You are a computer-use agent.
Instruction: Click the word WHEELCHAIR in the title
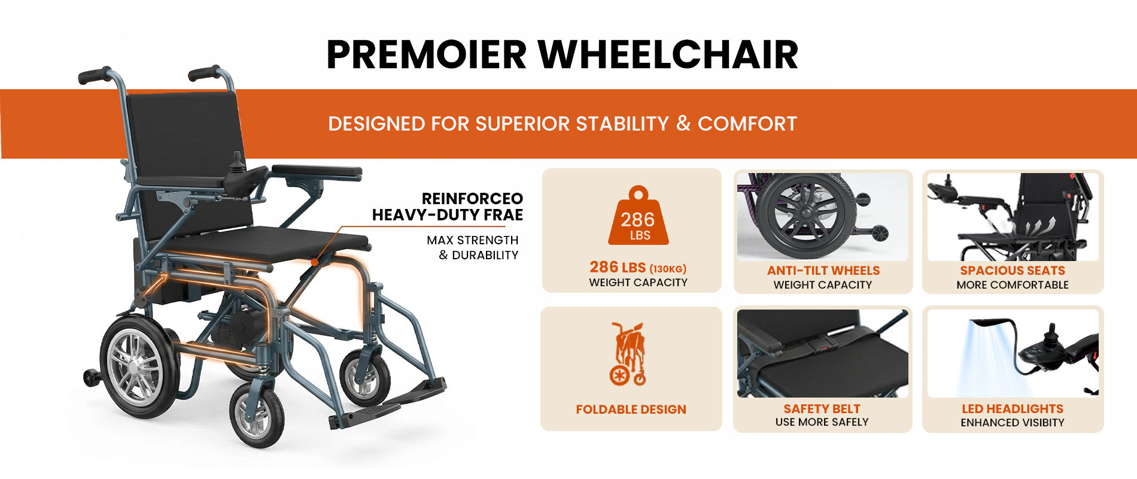click(x=668, y=54)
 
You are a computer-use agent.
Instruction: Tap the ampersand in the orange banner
click(x=683, y=123)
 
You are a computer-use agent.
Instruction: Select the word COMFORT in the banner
click(x=747, y=123)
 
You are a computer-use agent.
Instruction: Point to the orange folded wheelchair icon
click(x=628, y=354)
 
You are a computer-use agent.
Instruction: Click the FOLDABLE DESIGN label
click(x=631, y=410)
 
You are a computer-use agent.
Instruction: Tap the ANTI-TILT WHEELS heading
click(x=823, y=271)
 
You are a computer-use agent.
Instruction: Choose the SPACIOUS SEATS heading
click(x=1013, y=271)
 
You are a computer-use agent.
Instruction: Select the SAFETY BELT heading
click(x=822, y=409)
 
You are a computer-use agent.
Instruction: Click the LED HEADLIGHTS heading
click(x=1013, y=409)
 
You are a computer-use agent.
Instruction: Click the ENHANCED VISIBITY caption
click(x=1013, y=423)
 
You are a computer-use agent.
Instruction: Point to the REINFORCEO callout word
click(x=472, y=199)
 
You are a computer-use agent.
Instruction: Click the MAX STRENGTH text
click(x=473, y=240)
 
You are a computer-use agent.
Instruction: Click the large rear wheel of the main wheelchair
click(x=139, y=366)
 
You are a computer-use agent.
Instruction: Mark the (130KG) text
click(x=668, y=269)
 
